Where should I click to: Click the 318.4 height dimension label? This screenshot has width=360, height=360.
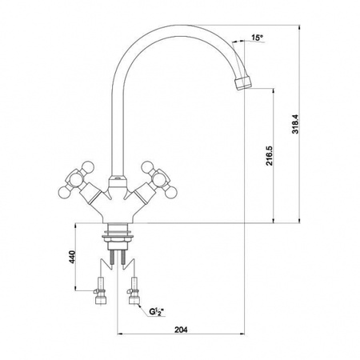295,124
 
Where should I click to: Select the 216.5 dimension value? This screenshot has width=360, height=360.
270,155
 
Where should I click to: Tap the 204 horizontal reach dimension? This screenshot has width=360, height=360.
181,330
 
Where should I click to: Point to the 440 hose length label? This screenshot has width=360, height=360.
72,257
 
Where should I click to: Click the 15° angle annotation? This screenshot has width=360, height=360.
257,38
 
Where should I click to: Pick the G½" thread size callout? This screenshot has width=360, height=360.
156,311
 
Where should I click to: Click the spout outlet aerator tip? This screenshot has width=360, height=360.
243,83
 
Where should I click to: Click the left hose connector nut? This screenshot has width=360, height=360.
101,301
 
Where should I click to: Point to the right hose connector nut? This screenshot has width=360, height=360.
134,301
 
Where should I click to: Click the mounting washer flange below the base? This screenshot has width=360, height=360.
118,236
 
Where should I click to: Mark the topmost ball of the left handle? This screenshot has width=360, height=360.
89,167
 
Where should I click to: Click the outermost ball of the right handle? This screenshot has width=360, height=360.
171,193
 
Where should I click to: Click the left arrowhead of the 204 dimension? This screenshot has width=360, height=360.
120,334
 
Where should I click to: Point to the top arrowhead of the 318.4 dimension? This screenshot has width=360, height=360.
300,27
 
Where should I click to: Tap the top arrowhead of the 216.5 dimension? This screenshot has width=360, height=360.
274,91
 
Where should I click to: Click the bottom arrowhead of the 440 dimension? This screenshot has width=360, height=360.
75,288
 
